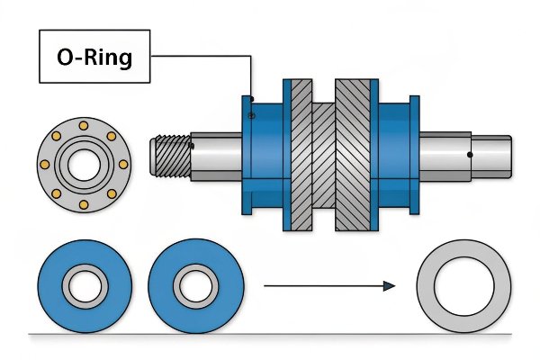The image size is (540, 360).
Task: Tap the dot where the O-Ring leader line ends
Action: [253, 98]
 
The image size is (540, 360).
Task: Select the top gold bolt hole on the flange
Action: [84, 123]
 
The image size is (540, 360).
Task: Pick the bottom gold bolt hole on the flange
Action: [84, 205]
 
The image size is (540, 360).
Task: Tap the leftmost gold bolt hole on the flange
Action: [42, 164]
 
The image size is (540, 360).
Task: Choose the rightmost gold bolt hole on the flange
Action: [124, 164]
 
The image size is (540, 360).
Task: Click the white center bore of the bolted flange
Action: [84, 164]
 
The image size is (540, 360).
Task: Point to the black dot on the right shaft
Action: [471, 155]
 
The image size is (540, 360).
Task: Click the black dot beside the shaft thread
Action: [192, 144]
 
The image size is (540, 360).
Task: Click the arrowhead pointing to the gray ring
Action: [388, 286]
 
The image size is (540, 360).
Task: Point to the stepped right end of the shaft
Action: [494, 155]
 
